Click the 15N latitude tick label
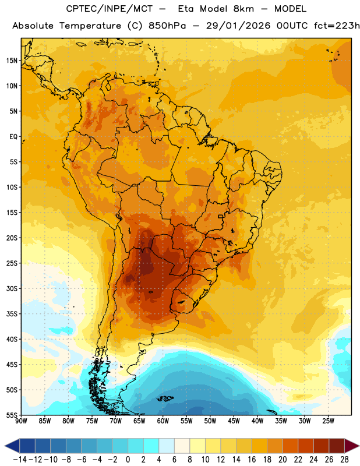coord(12,61)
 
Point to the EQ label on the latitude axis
coord(13,137)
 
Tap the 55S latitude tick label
coord(12,415)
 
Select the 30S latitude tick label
coord(12,288)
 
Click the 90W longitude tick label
coord(21,421)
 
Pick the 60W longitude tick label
coord(163,421)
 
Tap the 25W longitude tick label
coord(328,421)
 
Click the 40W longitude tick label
coord(257,421)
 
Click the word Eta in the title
coord(185,9)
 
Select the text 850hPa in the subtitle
coord(167,26)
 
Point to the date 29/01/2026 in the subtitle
coord(238,26)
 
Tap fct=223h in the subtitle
coord(337,26)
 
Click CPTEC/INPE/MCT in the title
coord(110,9)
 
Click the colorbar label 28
coord(344,460)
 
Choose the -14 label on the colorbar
coord(20,460)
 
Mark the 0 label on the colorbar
coord(128,460)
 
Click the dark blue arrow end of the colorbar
coord(12,446)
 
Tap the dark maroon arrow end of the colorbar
coord(352,446)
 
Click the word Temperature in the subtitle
coord(90,26)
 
